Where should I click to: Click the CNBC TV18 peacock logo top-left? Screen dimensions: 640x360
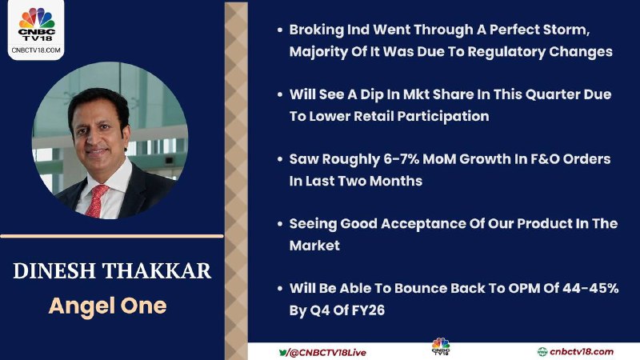[36, 25]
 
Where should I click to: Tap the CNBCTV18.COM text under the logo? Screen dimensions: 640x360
[36, 50]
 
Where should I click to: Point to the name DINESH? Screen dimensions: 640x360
[54, 271]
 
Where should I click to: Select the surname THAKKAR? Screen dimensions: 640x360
[156, 271]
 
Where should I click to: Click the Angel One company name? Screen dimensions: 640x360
[108, 306]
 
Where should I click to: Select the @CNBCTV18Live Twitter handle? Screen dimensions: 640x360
[327, 352]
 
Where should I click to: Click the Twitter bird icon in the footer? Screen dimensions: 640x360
[283, 352]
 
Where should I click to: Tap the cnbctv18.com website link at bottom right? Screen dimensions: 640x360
[582, 351]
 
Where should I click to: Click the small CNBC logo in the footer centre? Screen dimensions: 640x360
[441, 346]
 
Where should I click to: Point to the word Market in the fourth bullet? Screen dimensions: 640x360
[314, 246]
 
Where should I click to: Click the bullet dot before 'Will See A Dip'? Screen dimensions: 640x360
[279, 94]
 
